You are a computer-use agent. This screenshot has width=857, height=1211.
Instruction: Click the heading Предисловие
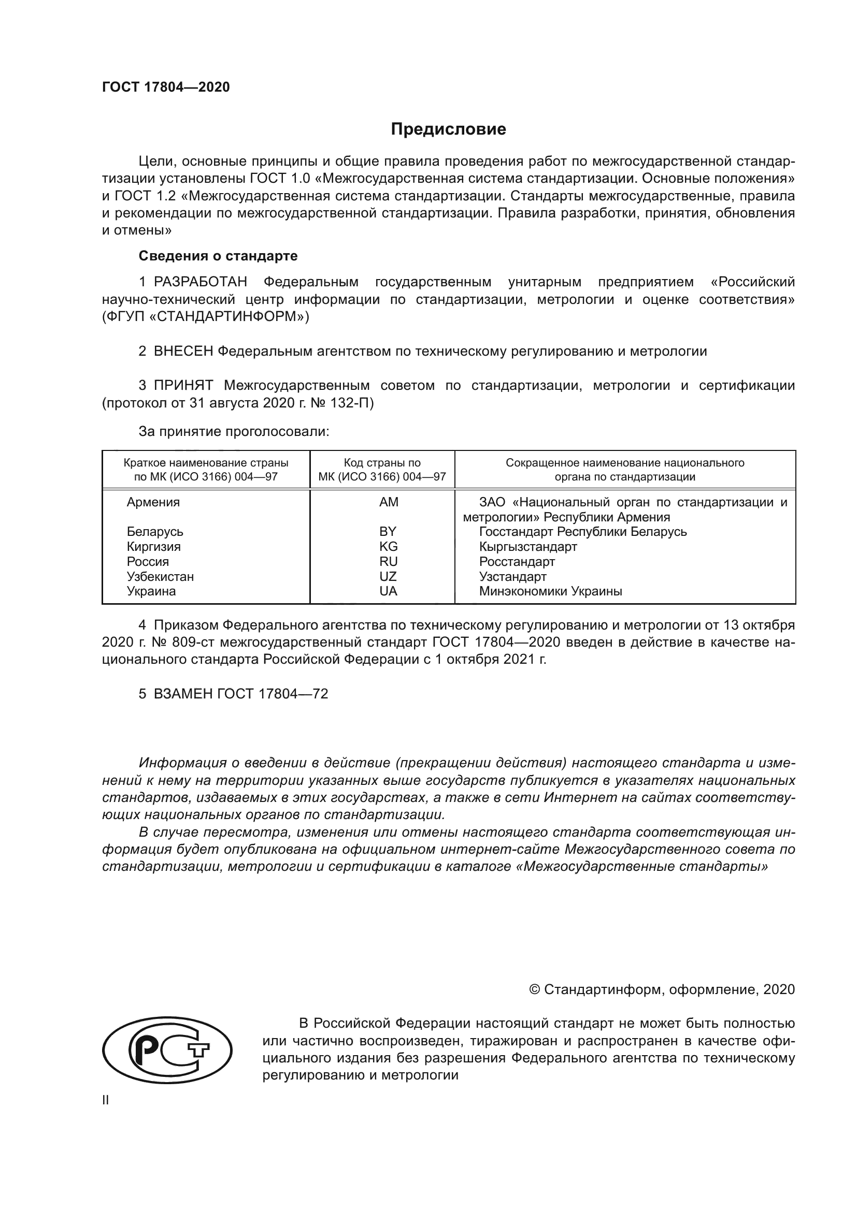pos(448,129)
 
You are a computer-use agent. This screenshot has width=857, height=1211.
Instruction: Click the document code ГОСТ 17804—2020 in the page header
pos(166,87)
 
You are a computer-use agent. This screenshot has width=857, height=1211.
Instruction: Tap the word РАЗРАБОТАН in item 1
pos(200,282)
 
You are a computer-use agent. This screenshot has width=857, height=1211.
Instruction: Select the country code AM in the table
pos(389,502)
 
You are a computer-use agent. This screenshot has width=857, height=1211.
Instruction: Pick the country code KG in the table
pos(389,546)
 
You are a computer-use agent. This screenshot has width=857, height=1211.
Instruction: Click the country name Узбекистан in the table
pos(160,576)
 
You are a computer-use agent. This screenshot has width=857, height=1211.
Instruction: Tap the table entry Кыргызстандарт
pos(527,546)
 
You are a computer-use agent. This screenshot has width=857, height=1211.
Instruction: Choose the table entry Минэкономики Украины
pos(550,591)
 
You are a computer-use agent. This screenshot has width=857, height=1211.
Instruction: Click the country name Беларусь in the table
pos(154,532)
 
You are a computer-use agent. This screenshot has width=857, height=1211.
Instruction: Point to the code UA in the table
pos(389,591)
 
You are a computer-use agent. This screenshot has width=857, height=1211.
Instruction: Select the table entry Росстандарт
pos(517,562)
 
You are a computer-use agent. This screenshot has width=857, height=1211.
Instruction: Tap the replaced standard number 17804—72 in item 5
pos(293,694)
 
